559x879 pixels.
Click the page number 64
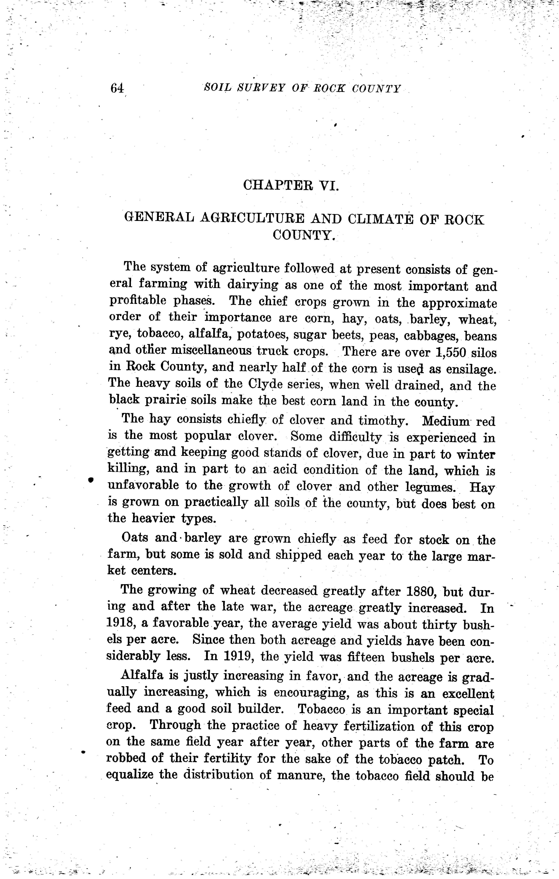click(117, 88)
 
